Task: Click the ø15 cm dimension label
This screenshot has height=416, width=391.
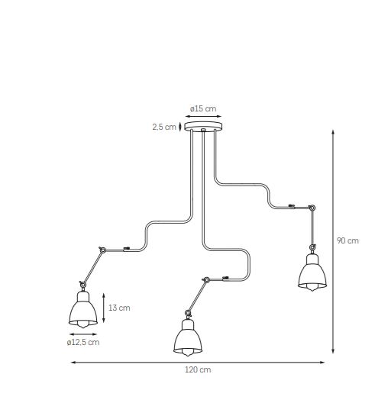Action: [203, 108]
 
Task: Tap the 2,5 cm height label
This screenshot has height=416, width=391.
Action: [164, 127]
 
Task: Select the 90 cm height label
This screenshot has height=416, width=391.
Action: [347, 240]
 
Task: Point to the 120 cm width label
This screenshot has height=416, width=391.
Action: [198, 369]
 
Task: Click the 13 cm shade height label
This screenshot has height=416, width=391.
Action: [119, 308]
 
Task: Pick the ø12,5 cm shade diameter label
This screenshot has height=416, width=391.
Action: [83, 342]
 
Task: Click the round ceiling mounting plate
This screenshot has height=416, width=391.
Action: [203, 126]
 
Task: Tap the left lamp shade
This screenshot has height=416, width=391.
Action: [83, 309]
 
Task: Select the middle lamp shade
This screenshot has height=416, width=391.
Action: [188, 337]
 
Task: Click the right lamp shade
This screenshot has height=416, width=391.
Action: [312, 272]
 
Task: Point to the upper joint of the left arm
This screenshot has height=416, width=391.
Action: [102, 250]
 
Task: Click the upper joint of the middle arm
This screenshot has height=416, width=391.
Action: [206, 279]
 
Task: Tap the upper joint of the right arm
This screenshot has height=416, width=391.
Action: [312, 208]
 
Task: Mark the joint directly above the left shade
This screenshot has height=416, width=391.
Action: [82, 285]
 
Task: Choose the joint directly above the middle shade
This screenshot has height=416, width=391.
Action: [188, 313]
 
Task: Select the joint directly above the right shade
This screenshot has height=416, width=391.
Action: [312, 247]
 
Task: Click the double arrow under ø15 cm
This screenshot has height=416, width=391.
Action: [203, 116]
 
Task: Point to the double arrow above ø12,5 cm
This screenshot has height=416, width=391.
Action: [83, 334]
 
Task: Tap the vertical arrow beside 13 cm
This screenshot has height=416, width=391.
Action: [104, 308]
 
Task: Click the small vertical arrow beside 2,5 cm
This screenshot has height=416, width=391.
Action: [180, 127]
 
